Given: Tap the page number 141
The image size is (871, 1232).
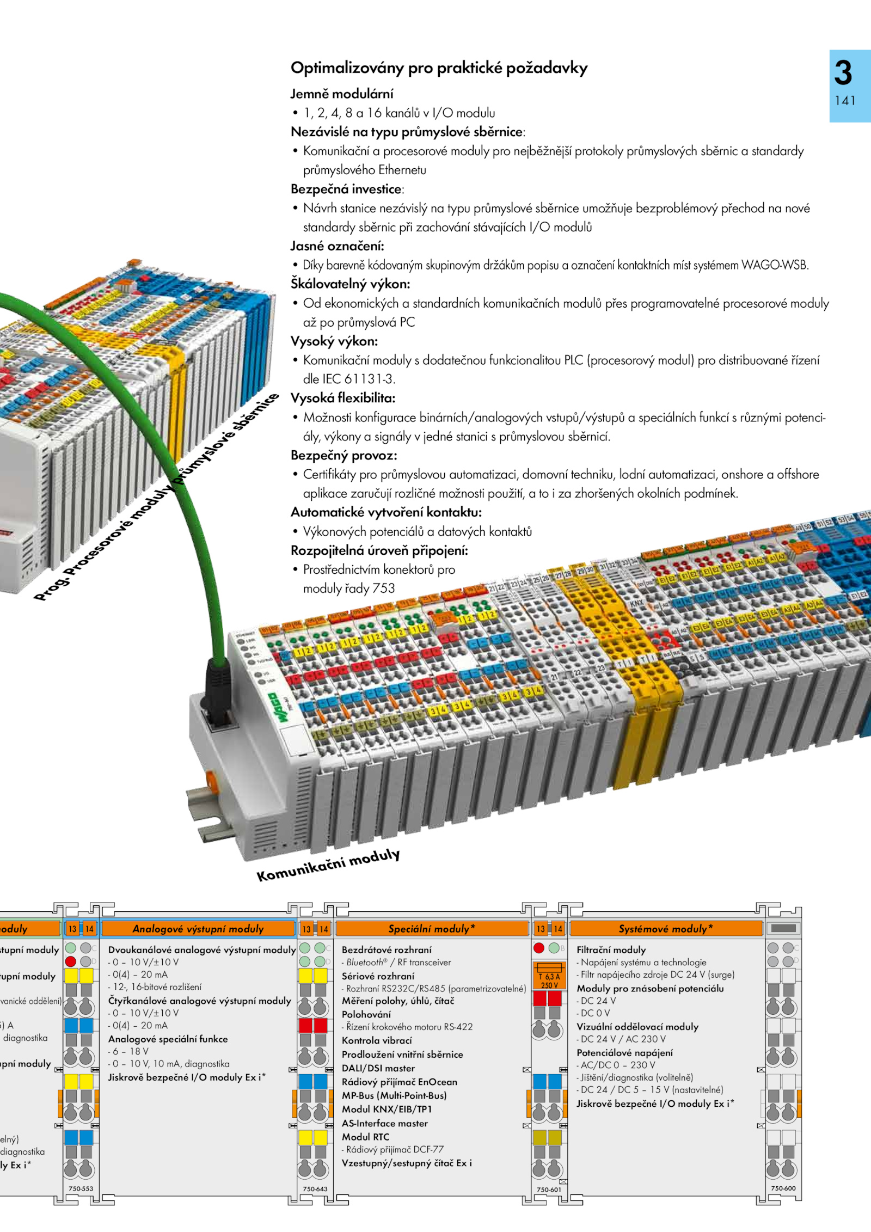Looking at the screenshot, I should click(x=845, y=101).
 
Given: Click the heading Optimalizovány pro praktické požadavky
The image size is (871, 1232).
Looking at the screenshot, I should click(x=439, y=68).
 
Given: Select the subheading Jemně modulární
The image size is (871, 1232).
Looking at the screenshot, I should click(x=341, y=94).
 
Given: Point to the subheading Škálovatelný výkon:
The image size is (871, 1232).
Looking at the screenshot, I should click(x=350, y=284).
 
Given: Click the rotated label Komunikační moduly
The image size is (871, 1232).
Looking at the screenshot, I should click(x=328, y=865).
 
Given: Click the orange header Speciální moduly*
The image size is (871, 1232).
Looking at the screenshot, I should click(x=431, y=929).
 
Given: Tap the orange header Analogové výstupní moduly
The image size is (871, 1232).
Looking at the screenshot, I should click(x=198, y=929).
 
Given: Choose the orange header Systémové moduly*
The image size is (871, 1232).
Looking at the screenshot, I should click(x=665, y=929).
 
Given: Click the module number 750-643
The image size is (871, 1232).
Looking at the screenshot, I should click(x=315, y=1189).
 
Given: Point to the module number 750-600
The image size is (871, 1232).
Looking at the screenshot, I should click(x=783, y=1188).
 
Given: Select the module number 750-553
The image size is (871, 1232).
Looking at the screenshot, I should click(x=81, y=1189).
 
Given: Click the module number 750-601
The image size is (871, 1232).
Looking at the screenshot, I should click(x=548, y=1190).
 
